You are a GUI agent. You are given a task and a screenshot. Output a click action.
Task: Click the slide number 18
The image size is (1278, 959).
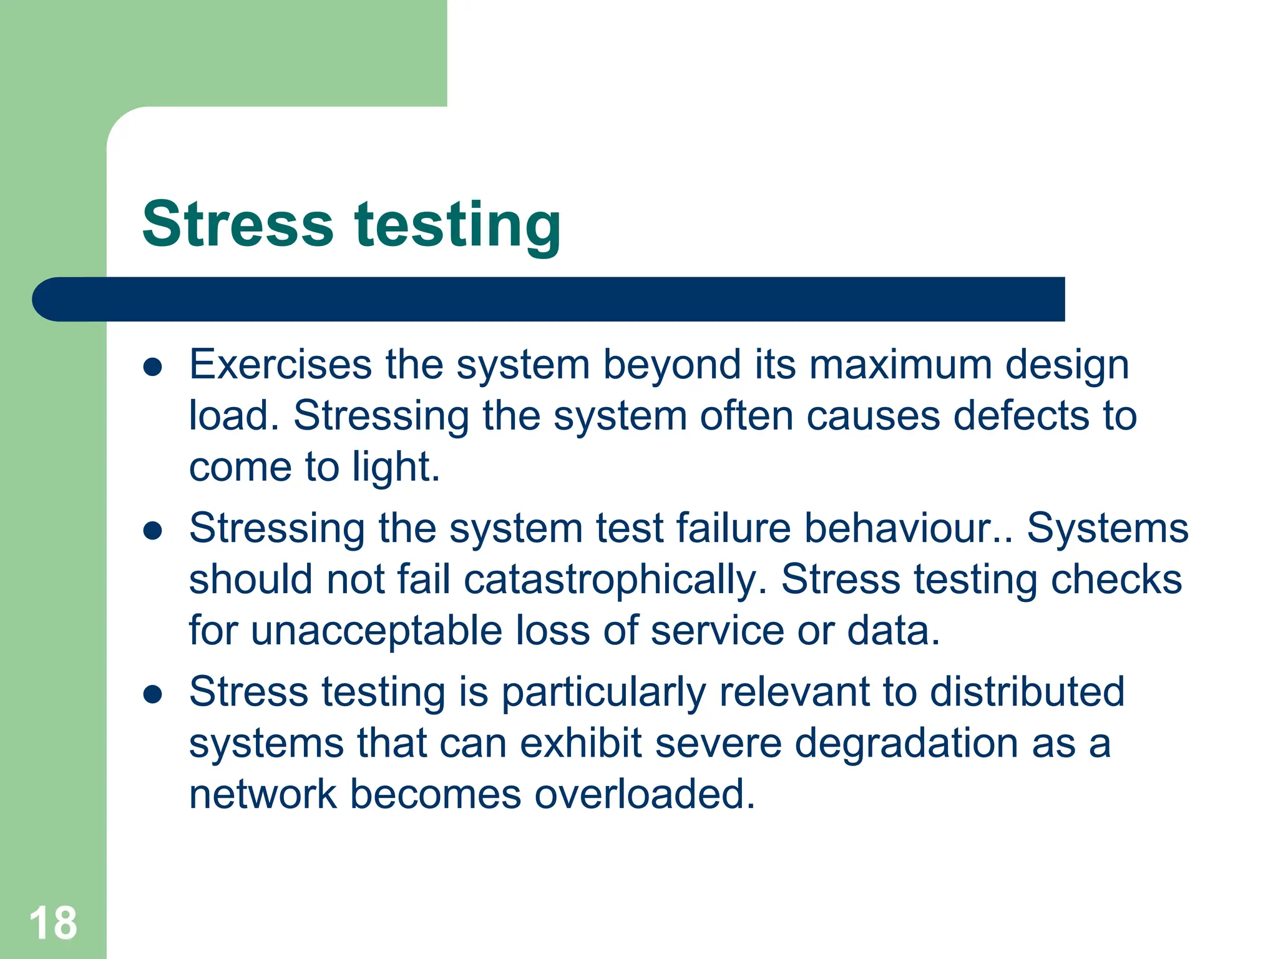[53, 923]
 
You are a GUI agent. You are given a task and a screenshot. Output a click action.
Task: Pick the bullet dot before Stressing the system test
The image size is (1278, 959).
[153, 531]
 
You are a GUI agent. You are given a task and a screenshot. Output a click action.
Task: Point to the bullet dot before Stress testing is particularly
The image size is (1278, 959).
[153, 694]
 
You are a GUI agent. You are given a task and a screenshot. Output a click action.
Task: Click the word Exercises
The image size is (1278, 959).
[280, 365]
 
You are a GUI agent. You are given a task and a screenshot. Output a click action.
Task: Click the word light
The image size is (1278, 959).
[395, 468]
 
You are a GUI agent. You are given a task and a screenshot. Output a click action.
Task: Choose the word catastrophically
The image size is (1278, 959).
[615, 581]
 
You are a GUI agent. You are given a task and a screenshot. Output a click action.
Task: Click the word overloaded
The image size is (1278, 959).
[644, 795]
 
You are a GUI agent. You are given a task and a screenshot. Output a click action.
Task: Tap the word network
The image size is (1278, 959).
[262, 795]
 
